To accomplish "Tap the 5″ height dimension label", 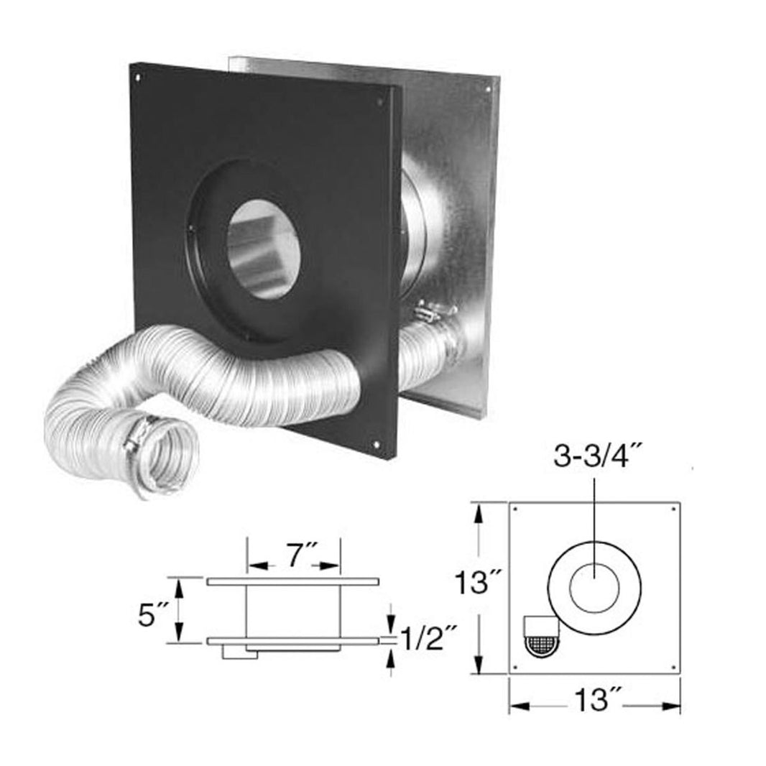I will [x=154, y=613].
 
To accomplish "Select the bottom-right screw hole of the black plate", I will [x=378, y=446].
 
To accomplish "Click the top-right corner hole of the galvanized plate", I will [x=489, y=89].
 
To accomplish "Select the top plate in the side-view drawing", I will [x=292, y=581].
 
